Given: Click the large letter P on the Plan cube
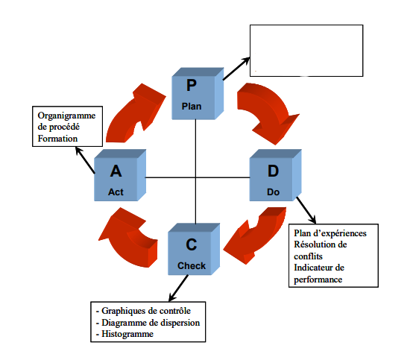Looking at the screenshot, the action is (192, 86).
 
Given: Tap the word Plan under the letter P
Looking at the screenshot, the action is (192, 107).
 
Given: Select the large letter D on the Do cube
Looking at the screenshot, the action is (274, 171).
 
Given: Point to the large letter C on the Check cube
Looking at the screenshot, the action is (192, 244).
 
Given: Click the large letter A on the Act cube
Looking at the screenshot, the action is (116, 171).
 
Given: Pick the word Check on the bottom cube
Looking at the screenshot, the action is (192, 266).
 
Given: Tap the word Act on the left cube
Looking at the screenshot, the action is (116, 192).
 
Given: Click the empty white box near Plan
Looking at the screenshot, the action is (306, 51).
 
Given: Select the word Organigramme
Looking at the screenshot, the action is (66, 116).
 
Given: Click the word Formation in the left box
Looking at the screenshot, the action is (57, 139).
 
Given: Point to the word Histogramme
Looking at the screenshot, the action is (127, 334).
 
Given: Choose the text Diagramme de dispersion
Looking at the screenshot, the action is (151, 323).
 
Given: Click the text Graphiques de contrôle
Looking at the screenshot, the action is (146, 311).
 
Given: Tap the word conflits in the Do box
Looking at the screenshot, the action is (309, 256).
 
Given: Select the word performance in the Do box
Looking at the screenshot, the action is (318, 280).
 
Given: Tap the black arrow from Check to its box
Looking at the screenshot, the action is (179, 288).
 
